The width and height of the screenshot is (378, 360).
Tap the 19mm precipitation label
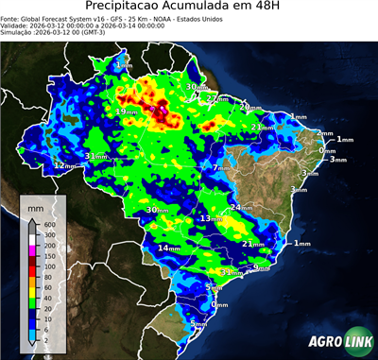click(x=123, y=111)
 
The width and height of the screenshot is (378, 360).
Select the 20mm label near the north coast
click(x=247, y=107)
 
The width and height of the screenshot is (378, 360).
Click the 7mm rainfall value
click(x=219, y=168)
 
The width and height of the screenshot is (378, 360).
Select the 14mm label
click(x=169, y=248)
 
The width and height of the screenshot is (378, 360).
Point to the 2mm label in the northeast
click(x=325, y=134)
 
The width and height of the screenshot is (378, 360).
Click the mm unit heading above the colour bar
click(x=36, y=205)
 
